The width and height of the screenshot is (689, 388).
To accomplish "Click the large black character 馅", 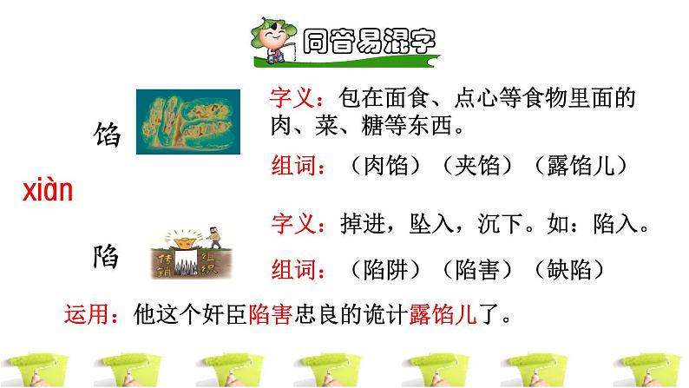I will pyautogui.click(x=109, y=135).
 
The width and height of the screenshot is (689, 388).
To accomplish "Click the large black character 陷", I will pyautogui.click(x=109, y=257).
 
